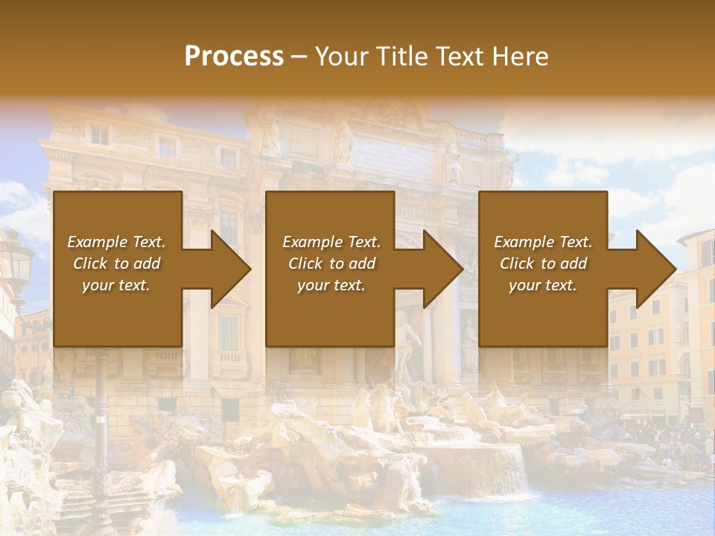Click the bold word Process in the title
(234, 57)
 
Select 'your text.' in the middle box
(330, 285)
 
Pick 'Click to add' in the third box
(543, 264)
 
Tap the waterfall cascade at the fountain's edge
(511, 469)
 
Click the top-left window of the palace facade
(99, 135)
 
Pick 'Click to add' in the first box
(117, 264)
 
